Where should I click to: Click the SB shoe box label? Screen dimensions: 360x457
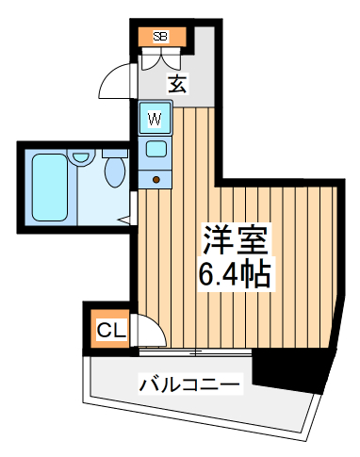[x=160, y=37]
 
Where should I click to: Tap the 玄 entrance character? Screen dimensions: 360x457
[x=177, y=84]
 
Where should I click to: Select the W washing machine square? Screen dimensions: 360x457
[x=155, y=120]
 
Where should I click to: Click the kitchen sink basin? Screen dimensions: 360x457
[x=155, y=148]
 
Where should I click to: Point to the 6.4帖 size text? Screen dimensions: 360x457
[x=236, y=275]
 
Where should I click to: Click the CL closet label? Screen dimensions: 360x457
[x=111, y=331]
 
